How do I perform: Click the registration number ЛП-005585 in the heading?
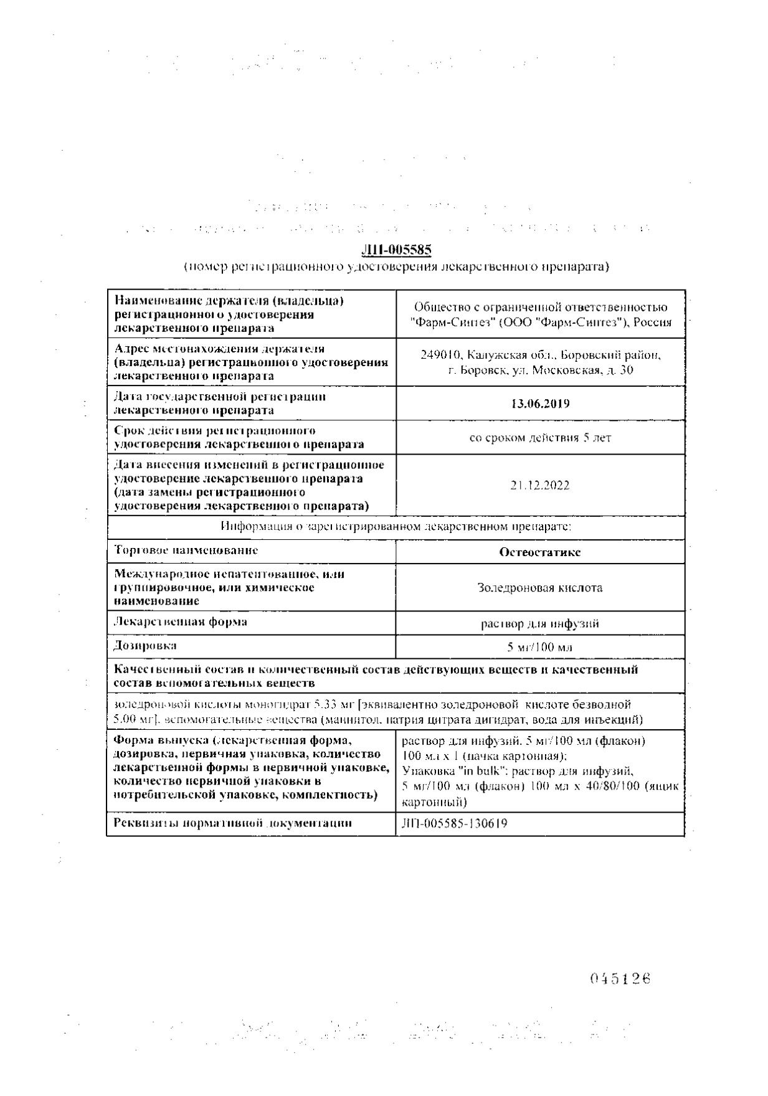click(x=396, y=250)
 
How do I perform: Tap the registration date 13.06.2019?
click(x=540, y=404)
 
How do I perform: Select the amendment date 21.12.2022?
click(x=540, y=486)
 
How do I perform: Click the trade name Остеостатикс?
click(x=540, y=552)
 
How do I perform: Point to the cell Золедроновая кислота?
click(x=540, y=587)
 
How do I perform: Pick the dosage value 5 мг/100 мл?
click(x=540, y=647)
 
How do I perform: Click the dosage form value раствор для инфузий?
click(x=540, y=623)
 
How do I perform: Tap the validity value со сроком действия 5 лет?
click(x=540, y=438)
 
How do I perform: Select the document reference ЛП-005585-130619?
click(x=455, y=823)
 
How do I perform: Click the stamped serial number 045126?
click(x=620, y=978)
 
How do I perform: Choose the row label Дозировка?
click(x=145, y=645)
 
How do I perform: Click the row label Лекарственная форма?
click(x=180, y=621)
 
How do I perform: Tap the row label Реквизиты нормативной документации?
click(x=232, y=823)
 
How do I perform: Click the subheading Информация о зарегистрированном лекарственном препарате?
click(x=396, y=527)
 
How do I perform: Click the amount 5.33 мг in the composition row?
click(x=341, y=705)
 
